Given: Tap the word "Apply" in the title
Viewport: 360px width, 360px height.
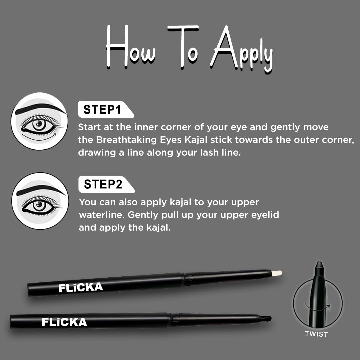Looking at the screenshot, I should (243, 50).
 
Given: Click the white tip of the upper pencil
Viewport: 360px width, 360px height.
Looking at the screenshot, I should (277, 273).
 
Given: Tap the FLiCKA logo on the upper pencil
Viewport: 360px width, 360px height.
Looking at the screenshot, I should (81, 287).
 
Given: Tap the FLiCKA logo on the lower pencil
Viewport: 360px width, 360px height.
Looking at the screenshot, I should (64, 322).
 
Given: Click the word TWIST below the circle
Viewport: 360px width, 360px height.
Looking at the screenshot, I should (316, 334).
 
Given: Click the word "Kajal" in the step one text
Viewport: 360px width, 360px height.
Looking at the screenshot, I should (195, 140).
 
